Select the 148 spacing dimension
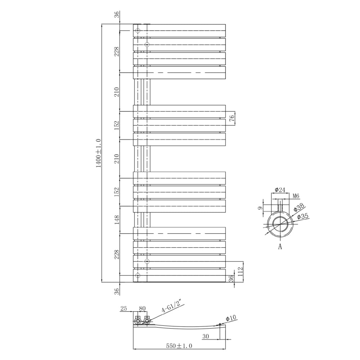click(116, 220)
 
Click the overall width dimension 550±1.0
click(179, 346)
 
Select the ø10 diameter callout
click(231, 318)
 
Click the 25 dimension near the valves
click(124, 309)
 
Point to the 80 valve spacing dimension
click(142, 309)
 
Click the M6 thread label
click(296, 196)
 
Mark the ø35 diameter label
click(303, 216)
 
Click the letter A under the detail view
click(280, 247)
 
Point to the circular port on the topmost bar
click(138, 31)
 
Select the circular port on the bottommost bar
click(138, 275)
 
